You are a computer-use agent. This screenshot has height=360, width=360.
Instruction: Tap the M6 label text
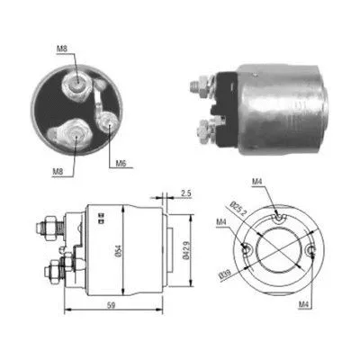120,165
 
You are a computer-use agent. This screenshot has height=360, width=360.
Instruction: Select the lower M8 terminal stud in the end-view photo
75,135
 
